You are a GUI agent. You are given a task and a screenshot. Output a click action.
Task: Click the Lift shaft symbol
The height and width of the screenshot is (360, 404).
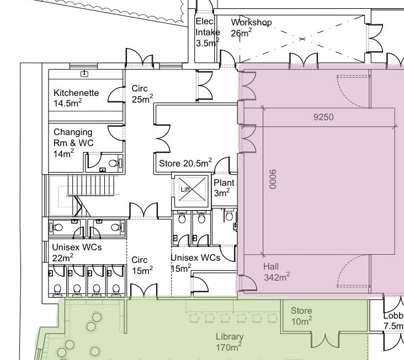point(192,190)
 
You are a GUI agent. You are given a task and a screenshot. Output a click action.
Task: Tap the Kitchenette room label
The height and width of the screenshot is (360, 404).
point(76,98)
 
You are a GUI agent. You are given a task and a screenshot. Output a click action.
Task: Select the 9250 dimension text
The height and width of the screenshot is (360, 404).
point(323,117)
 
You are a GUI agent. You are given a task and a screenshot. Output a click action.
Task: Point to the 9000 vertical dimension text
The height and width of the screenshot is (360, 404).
point(273,179)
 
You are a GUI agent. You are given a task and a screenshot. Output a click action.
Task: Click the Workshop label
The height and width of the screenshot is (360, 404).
point(251,28)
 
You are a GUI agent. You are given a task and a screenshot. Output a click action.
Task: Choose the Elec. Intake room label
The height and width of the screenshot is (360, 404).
point(208,32)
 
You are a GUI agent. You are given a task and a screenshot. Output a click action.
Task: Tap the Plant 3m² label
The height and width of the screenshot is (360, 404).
point(224,188)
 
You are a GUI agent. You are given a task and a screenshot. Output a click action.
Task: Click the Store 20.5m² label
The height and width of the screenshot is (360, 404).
point(185,163)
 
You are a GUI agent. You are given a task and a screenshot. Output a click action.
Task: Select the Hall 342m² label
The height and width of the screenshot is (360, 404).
point(277,272)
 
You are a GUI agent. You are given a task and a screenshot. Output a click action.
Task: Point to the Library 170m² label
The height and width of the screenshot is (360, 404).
point(229,342)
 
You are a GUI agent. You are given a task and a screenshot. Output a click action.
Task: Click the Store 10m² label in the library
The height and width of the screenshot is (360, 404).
point(301,316)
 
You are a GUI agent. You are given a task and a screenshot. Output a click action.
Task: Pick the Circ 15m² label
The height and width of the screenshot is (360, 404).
point(142,265)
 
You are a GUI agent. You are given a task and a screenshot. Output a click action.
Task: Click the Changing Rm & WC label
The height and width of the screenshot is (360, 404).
point(73,143)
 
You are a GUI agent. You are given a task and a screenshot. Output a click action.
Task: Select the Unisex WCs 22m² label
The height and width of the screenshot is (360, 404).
point(77,252)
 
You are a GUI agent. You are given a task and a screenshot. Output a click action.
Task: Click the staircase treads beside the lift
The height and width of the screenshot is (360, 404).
point(91,185)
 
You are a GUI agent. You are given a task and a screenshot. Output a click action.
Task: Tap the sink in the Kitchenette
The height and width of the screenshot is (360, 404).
point(84,74)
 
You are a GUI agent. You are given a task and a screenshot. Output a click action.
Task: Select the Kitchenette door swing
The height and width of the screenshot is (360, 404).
point(116,94)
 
